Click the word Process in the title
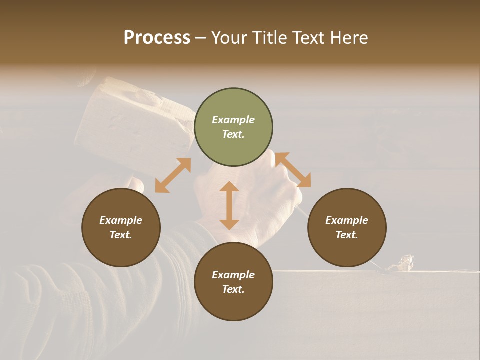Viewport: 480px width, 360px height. pyautogui.click(x=157, y=38)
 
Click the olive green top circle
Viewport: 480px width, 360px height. pyautogui.click(x=233, y=127)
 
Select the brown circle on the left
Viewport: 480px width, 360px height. pyautogui.click(x=121, y=227)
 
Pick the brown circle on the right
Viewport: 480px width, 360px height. pyautogui.click(x=347, y=227)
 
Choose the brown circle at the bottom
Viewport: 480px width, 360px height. pyautogui.click(x=233, y=282)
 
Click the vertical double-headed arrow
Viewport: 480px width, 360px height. pyautogui.click(x=229, y=205)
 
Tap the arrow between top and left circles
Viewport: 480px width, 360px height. pyautogui.click(x=173, y=175)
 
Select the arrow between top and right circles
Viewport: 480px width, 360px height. pyautogui.click(x=293, y=170)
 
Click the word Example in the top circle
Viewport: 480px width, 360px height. pyautogui.click(x=233, y=120)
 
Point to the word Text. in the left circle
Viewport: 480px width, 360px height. pyautogui.click(x=121, y=235)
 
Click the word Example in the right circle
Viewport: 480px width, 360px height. pyautogui.click(x=347, y=220)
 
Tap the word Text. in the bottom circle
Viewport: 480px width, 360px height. pyautogui.click(x=233, y=289)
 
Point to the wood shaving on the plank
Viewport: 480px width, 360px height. pyautogui.click(x=403, y=263)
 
